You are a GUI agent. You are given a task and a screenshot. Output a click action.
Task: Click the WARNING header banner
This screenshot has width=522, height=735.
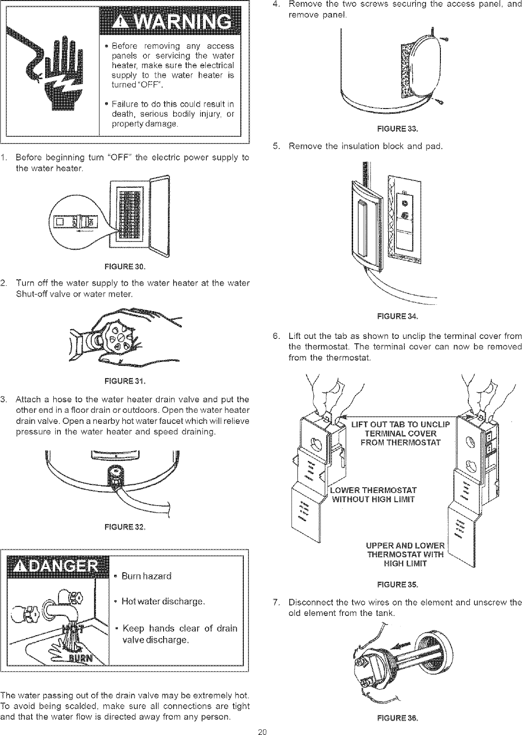[169, 22]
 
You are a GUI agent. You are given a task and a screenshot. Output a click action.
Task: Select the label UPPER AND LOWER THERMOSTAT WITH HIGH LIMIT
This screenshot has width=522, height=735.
[405, 555]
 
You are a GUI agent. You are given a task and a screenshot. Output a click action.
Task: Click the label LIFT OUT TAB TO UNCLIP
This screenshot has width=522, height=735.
[401, 423]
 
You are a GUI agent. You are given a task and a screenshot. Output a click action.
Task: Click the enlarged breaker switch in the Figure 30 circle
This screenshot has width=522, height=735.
[76, 222]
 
